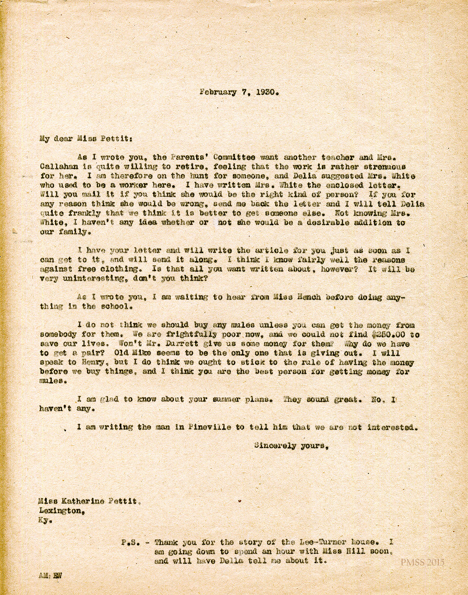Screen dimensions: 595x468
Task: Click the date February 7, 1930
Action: (239, 93)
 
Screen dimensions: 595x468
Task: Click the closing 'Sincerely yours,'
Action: (291, 446)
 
